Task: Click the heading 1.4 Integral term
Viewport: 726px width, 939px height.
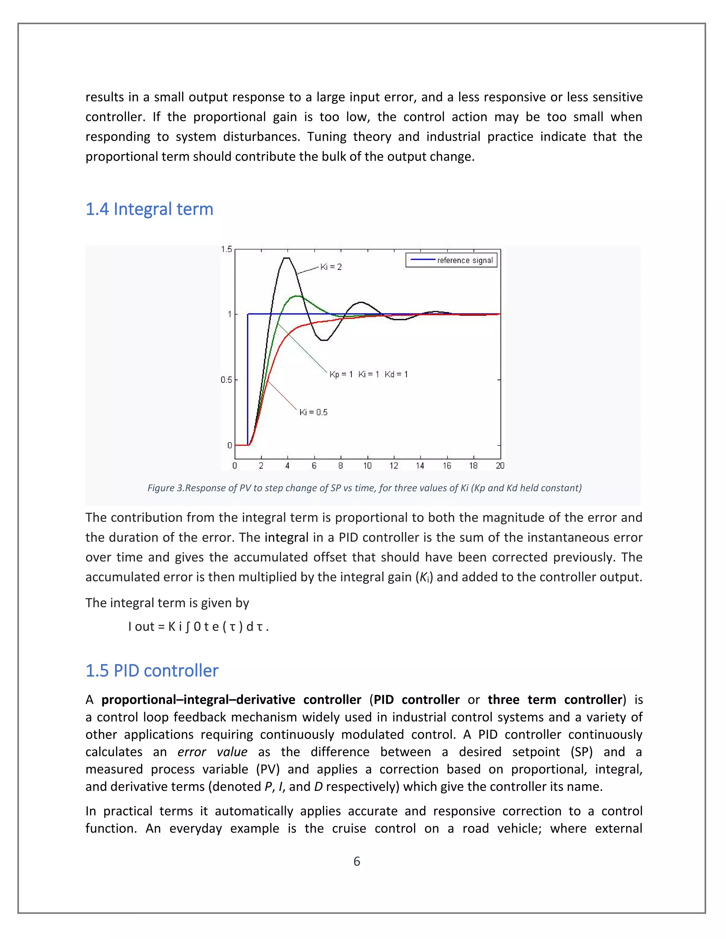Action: point(149,209)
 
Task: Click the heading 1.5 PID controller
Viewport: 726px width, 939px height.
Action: point(152,671)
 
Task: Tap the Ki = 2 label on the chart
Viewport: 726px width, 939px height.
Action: point(331,267)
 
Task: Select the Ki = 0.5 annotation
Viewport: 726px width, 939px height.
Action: point(313,412)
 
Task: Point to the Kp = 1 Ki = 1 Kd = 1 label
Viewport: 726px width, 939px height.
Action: point(369,375)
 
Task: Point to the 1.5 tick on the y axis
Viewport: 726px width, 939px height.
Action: point(226,249)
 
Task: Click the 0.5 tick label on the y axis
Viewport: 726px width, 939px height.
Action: point(226,379)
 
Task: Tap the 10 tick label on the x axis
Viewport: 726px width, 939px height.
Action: point(367,466)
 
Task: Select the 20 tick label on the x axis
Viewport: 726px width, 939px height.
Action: point(500,466)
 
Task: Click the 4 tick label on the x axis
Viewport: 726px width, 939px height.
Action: point(287,466)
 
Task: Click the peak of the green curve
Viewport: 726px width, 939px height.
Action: point(296,296)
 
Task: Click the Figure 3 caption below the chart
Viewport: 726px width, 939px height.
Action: point(364,488)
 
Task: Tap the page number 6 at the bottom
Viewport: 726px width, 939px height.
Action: point(357,862)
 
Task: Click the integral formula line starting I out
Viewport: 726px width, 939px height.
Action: point(198,626)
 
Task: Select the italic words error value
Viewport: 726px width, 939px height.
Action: point(212,752)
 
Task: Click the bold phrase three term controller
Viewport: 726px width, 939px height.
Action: point(555,699)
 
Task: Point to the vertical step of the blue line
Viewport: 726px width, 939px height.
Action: point(248,378)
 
